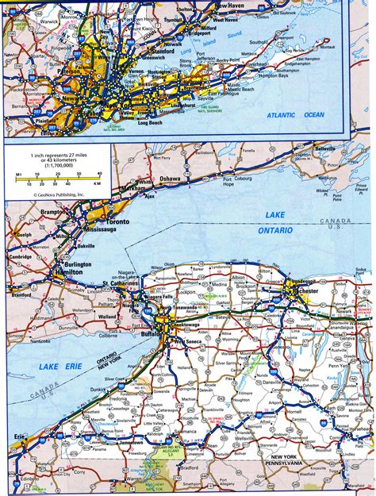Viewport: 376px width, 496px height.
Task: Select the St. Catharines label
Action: click(120, 283)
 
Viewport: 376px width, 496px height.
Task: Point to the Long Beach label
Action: click(150, 122)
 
